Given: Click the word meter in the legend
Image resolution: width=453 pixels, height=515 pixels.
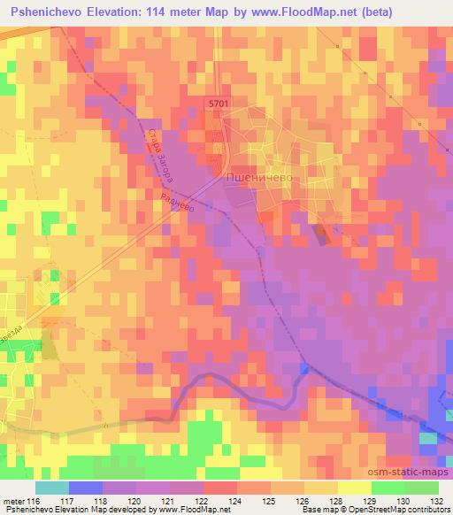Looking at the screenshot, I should tap(14, 501).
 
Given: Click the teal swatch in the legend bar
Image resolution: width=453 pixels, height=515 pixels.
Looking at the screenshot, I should tap(51, 488).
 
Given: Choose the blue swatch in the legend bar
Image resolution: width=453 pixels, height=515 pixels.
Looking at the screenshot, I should tap(85, 488).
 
